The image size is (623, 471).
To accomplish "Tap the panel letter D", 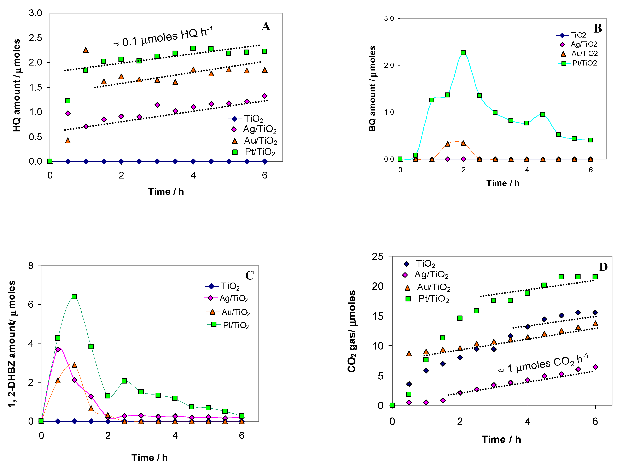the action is pos(603,267).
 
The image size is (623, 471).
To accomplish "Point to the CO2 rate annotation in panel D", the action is pos(543,364).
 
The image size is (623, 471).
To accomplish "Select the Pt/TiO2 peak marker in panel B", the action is pos(463,53).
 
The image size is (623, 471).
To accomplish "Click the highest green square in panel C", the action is pos(74,296).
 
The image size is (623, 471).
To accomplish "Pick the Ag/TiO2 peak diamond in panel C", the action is pos(58,349).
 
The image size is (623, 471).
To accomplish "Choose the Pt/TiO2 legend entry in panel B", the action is pos(577,63).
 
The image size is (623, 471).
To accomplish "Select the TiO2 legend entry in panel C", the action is pos(222,286).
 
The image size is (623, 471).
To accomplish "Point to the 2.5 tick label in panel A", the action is pos(35,38).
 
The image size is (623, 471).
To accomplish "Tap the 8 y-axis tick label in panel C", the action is pos(31,266).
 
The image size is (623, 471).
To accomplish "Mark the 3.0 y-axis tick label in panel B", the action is pos(389,19).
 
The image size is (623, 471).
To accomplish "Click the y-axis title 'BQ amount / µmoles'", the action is pos(372,89).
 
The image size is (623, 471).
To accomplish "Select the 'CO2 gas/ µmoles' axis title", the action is pos(351,331).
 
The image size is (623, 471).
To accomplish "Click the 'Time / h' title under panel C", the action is pos(149,458).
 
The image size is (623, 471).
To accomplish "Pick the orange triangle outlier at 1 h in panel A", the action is pos(86,50).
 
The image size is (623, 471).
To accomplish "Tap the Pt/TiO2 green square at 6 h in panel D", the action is pos(595,277).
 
